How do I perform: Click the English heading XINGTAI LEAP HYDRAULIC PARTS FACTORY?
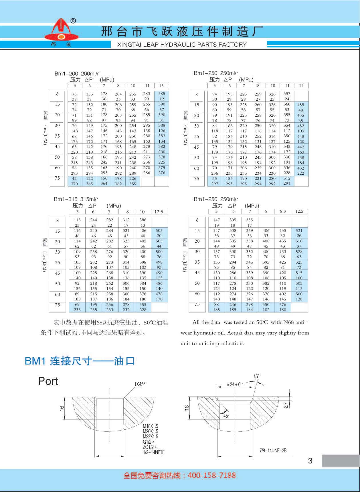pyautogui.click(x=182, y=45)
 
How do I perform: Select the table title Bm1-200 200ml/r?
pyautogui.click(x=77, y=74)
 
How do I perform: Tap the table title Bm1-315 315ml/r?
pyautogui.click(x=76, y=199)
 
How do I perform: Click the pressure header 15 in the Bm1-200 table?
pyautogui.click(x=161, y=85)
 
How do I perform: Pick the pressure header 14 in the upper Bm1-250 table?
pyautogui.click(x=301, y=85)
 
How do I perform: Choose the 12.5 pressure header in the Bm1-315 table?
pyautogui.click(x=159, y=212)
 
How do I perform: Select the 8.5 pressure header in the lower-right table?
pyautogui.click(x=283, y=212)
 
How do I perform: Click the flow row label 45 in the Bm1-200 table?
pyautogui.click(x=58, y=147)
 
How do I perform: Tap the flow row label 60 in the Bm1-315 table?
pyautogui.click(x=58, y=294)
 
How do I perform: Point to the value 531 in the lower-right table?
pyautogui.click(x=299, y=230)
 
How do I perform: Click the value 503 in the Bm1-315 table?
pyautogui.click(x=159, y=230)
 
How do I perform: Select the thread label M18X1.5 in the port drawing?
pyautogui.click(x=151, y=426)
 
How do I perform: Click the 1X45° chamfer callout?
pyautogui.click(x=140, y=384)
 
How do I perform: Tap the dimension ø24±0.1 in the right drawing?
pyautogui.click(x=235, y=385)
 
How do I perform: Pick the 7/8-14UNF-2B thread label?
pyautogui.click(x=273, y=451)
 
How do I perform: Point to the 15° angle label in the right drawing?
pyautogui.click(x=256, y=377)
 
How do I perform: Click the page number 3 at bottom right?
pyautogui.click(x=310, y=461)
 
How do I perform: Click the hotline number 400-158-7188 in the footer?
pyautogui.click(x=211, y=475)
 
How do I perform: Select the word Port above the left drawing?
pyautogui.click(x=48, y=381)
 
